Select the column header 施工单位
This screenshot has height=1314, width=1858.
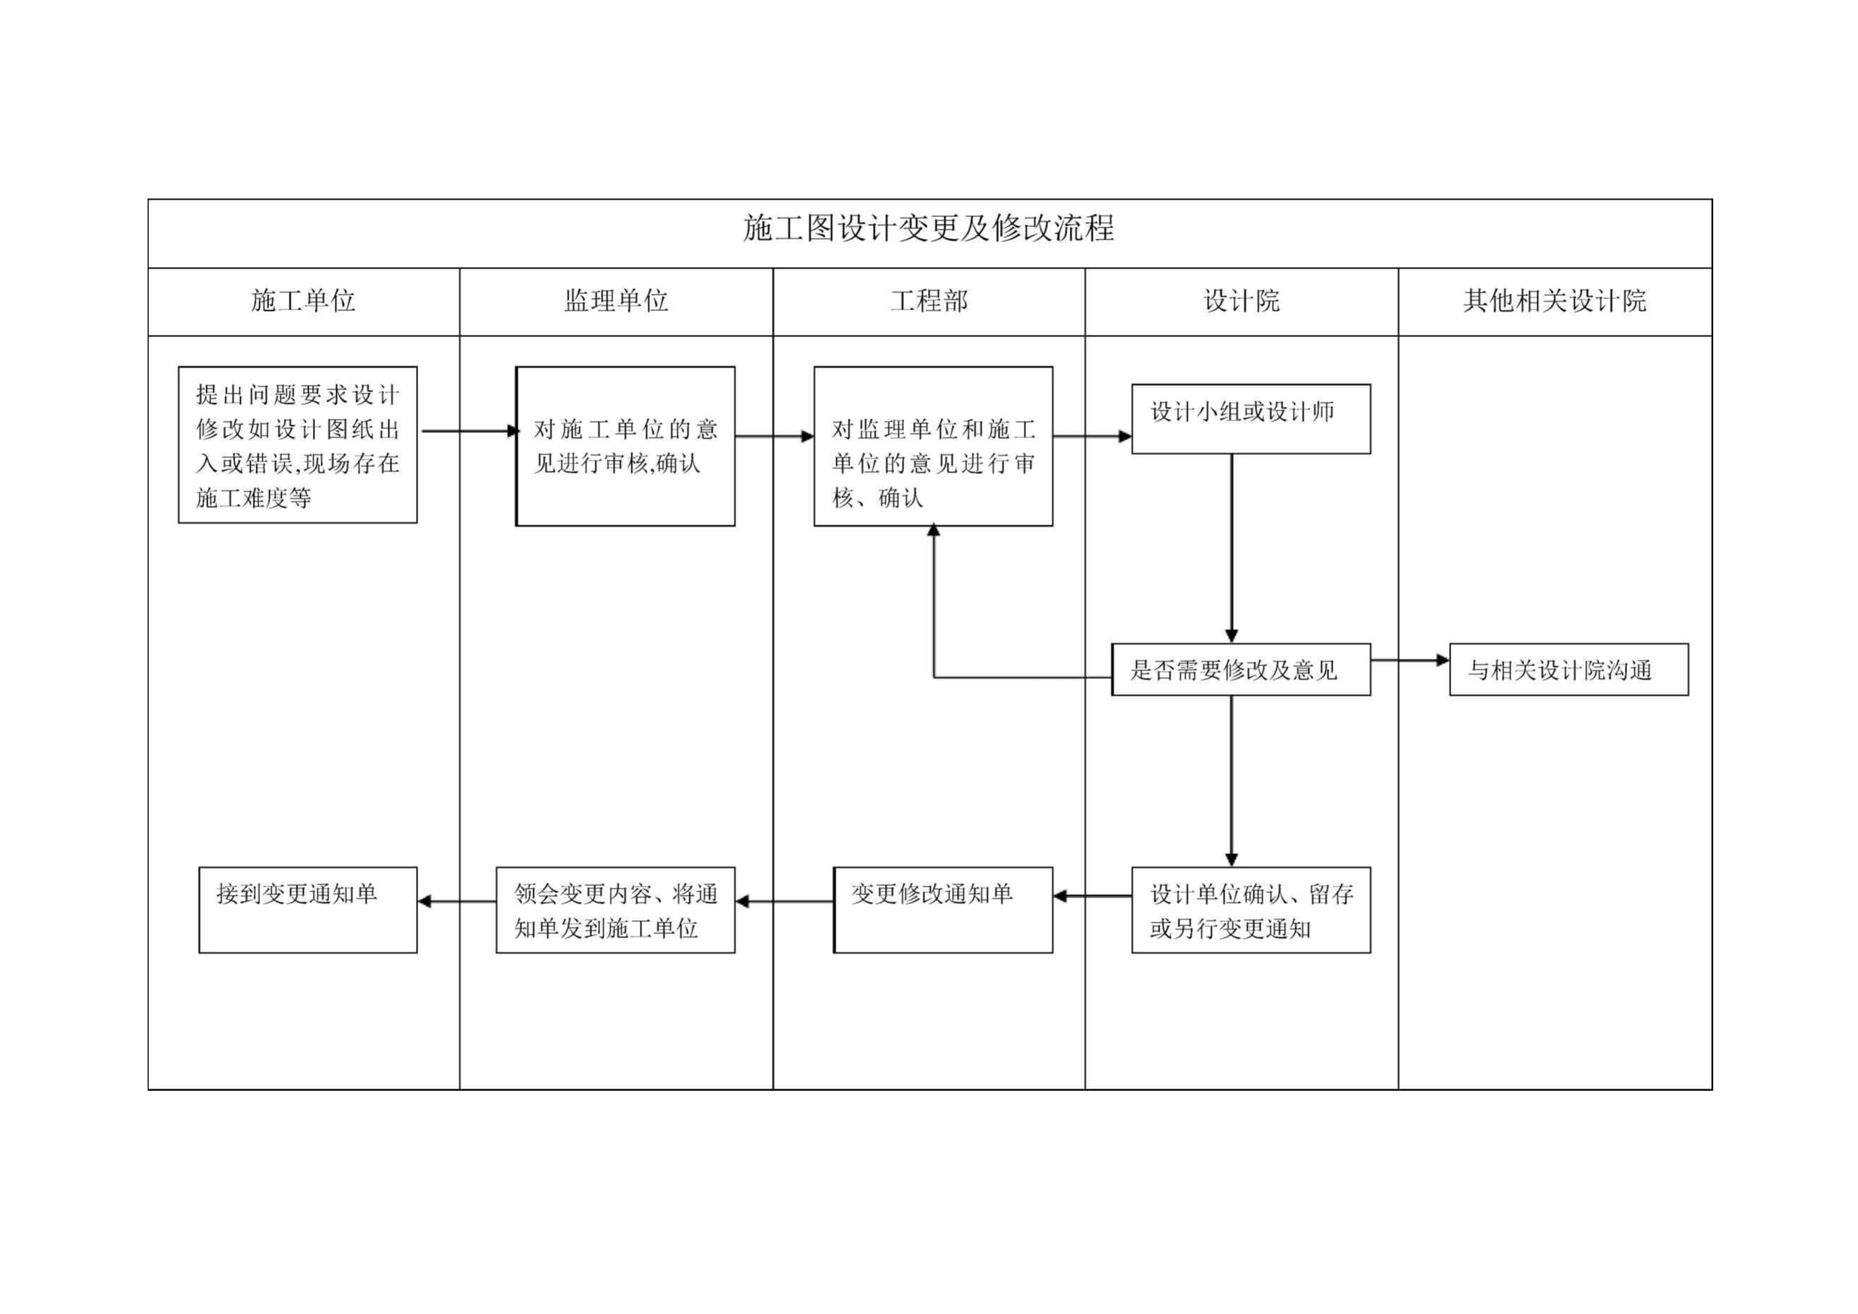[x=303, y=301]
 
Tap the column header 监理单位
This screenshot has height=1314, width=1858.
[x=616, y=301]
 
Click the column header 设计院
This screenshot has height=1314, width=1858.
[x=1241, y=301]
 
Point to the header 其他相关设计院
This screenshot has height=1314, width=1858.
[x=1554, y=301]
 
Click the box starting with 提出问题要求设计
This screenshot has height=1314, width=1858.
[x=297, y=444]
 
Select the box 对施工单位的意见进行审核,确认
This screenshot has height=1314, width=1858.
[x=625, y=446]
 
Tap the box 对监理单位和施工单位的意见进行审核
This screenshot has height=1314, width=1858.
[x=932, y=446]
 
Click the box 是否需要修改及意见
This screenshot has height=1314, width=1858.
[x=1241, y=670]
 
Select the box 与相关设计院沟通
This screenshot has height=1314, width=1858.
[x=1568, y=670]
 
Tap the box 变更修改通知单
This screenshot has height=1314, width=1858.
[x=942, y=910]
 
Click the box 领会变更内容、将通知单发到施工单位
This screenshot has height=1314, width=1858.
[x=615, y=910]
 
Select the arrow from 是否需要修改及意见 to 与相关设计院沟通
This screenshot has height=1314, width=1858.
[x=1409, y=661]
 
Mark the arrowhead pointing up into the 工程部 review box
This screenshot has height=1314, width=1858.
[x=933, y=531]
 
